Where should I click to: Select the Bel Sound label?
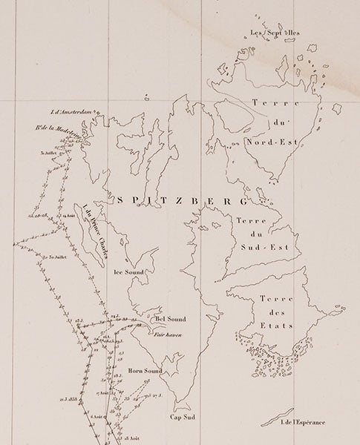click(x=170, y=320)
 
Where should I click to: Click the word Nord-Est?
click(x=272, y=136)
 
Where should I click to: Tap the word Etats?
click(x=277, y=326)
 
